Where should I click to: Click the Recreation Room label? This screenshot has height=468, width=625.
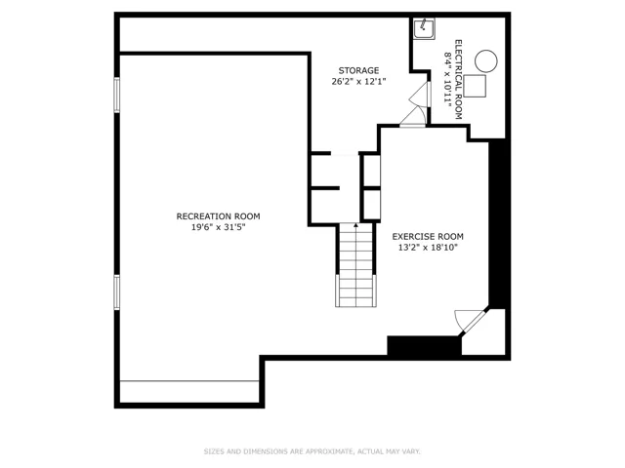[218, 216]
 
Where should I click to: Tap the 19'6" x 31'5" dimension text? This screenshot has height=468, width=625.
[218, 227]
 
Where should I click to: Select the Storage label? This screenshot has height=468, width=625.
[358, 71]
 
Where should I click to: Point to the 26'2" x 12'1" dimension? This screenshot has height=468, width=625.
[358, 82]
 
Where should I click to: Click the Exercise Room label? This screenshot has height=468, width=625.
[428, 237]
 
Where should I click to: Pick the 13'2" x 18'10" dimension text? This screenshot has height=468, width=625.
[428, 248]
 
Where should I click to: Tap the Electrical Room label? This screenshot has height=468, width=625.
[458, 80]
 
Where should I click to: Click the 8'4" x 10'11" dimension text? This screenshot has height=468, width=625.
[448, 80]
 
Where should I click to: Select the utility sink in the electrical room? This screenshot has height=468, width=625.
[424, 28]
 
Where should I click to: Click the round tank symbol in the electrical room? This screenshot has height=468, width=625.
[486, 61]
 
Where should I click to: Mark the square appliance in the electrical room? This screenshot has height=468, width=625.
[475, 86]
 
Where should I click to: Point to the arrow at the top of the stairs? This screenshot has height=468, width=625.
[355, 226]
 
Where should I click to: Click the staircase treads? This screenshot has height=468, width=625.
[355, 265]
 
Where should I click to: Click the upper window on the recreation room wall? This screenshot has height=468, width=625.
[117, 95]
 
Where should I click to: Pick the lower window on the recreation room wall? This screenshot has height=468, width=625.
[117, 292]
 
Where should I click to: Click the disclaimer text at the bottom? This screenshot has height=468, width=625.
[312, 451]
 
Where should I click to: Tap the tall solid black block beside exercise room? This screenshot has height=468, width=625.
[498, 223]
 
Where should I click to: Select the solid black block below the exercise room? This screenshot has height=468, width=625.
[425, 345]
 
